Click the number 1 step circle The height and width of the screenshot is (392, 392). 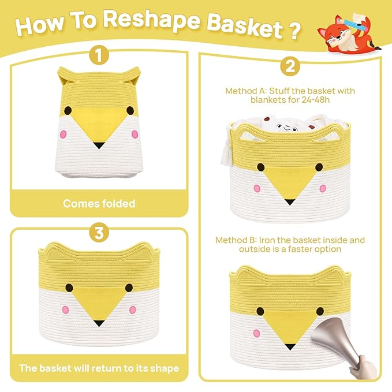99,55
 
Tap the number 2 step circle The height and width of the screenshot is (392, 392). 290,66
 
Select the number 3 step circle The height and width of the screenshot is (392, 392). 99,232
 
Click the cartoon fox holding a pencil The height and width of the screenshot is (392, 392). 348,33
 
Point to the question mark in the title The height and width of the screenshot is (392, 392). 295,31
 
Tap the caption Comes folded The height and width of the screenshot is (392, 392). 99,203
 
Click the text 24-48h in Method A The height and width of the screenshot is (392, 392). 315,100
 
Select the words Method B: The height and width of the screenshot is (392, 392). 236,240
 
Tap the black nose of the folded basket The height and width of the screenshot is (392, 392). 99,145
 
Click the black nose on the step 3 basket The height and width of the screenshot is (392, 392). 99,323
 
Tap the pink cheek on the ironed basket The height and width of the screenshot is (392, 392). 256,333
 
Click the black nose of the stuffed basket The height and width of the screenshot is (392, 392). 289,202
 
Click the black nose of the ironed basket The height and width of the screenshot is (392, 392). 289,347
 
